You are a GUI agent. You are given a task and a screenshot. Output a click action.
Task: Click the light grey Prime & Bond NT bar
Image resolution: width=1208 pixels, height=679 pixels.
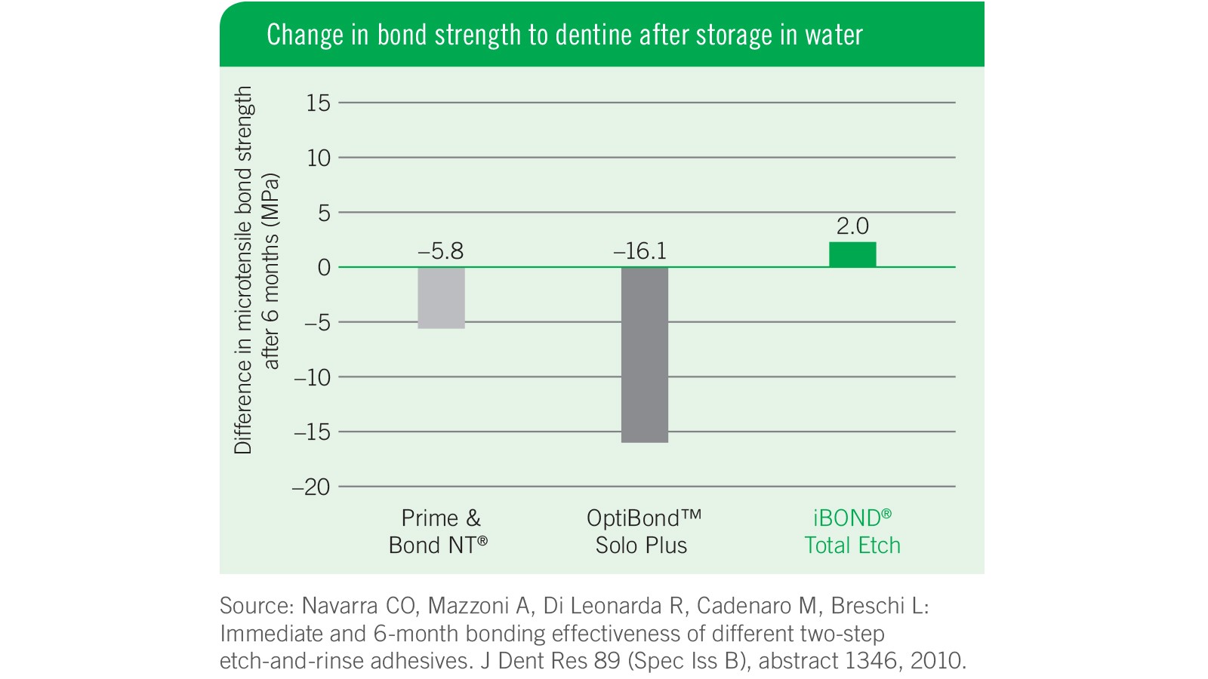pos(441,297)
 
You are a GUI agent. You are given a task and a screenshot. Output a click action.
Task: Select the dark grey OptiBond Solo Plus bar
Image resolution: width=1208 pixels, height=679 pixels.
pos(644,355)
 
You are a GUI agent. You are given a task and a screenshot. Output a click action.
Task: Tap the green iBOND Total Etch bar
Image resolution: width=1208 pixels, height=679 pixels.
pos(852,255)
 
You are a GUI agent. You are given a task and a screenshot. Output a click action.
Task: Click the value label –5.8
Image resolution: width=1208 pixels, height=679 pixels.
pos(441,251)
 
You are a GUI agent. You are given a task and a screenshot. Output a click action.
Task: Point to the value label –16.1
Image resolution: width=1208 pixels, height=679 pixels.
pos(640,251)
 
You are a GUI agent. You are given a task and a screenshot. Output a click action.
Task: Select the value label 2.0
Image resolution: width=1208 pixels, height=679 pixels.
pos(852,226)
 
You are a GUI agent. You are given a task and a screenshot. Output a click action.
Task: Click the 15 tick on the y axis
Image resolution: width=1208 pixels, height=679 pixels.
pos(319,103)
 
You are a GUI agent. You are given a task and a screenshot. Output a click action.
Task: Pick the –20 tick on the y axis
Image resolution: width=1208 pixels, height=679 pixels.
pos(311,487)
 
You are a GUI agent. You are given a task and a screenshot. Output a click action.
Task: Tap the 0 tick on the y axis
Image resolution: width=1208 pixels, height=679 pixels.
pos(324,268)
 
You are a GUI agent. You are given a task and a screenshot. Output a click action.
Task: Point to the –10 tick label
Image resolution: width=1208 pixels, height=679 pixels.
pos(312,377)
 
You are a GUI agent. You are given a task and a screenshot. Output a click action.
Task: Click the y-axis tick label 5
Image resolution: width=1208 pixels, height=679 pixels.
pos(324,214)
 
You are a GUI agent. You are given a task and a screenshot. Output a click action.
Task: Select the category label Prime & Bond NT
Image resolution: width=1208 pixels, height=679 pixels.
pos(439,532)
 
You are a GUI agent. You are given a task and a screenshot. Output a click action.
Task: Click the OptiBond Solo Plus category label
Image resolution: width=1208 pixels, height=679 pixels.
pos(643,532)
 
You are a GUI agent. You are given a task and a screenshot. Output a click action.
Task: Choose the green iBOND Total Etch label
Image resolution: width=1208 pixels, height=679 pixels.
pos(852,532)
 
